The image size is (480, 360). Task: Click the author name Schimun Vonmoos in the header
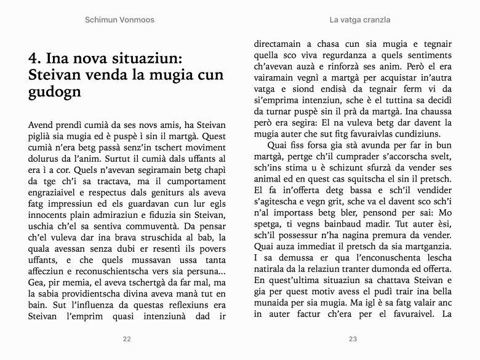(x=119, y=20)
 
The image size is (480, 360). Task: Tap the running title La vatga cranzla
(x=360, y=20)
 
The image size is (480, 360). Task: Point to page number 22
(x=127, y=338)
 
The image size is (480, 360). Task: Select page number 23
(x=353, y=338)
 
